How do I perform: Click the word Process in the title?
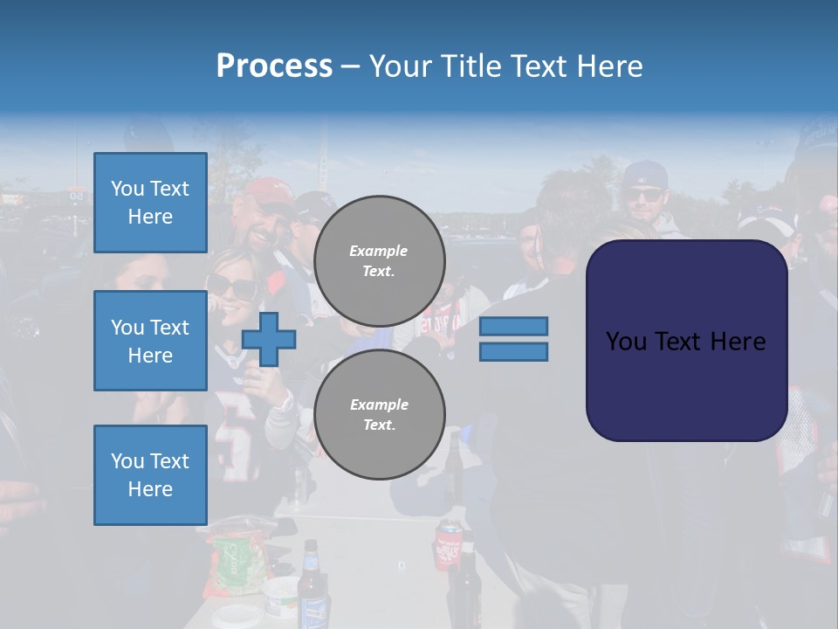(274, 66)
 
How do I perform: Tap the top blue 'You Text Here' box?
(150, 203)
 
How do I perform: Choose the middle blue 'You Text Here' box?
(150, 341)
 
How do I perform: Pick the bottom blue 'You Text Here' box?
(150, 474)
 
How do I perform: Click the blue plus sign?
(269, 339)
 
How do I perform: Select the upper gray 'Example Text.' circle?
(379, 261)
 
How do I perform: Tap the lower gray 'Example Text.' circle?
(379, 414)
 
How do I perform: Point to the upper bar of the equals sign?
(513, 326)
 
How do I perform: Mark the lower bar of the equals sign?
(513, 352)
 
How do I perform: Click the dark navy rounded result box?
(686, 341)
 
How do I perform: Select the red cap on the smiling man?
(268, 191)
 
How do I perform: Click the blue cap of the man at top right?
(644, 173)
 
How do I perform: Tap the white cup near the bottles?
(281, 597)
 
